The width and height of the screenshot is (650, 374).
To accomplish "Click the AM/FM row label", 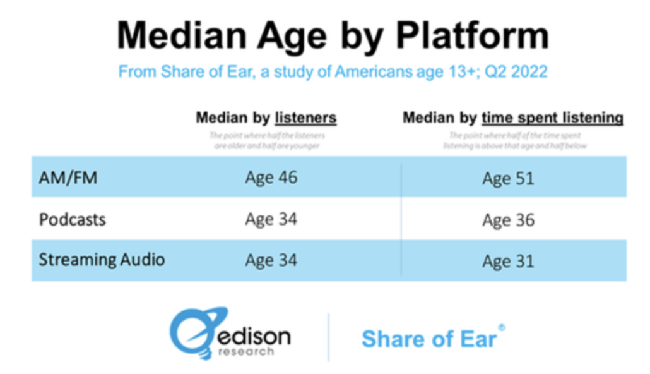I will (x=68, y=178).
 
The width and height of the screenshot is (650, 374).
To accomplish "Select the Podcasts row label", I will (x=72, y=220).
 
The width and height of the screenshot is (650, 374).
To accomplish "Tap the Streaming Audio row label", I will (x=102, y=260).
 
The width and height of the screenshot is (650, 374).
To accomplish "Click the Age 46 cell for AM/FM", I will (x=271, y=178).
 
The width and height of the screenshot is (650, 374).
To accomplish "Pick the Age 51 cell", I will (x=508, y=178).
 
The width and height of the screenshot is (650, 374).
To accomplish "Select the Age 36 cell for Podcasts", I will (x=508, y=220).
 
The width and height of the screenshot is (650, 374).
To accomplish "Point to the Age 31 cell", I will (x=508, y=261).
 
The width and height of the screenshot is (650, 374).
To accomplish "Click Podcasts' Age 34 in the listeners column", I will (x=271, y=220).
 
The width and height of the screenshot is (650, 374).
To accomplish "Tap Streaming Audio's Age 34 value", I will (x=271, y=260).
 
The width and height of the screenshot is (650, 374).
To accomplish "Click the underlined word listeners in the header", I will (x=305, y=118).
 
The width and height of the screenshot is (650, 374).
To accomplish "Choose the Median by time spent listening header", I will (x=512, y=118).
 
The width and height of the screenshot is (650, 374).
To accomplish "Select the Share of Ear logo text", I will (x=428, y=339).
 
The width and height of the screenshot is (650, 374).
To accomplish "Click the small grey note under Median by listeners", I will (x=266, y=140).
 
